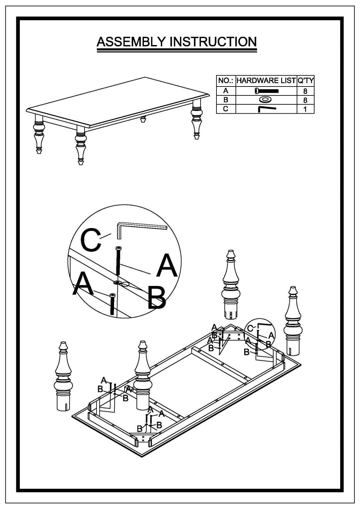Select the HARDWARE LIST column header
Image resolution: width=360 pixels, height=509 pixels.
(x=266, y=81)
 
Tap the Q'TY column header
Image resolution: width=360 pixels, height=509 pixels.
(x=305, y=81)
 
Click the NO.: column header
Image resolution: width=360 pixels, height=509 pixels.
(x=226, y=81)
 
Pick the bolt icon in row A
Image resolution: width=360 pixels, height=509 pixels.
(x=267, y=90)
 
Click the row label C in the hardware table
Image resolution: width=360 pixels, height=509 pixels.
(x=226, y=109)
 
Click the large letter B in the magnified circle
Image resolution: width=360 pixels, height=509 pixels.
(x=156, y=298)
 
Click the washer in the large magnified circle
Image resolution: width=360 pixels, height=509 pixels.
(x=117, y=282)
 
